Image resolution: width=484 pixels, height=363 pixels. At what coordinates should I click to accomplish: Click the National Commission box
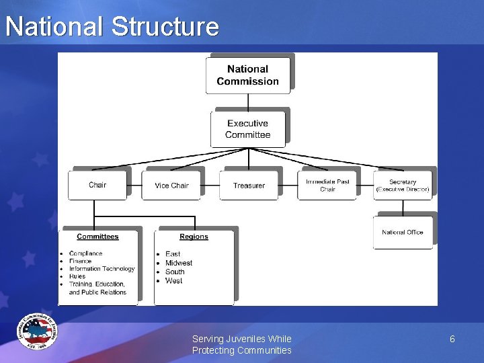pyautogui.click(x=248, y=75)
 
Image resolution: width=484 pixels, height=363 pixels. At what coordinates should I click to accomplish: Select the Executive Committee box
pyautogui.click(x=248, y=129)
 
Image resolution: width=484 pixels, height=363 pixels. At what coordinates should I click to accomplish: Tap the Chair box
pyautogui.click(x=97, y=185)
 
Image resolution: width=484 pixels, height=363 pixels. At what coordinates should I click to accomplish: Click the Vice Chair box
pyautogui.click(x=171, y=186)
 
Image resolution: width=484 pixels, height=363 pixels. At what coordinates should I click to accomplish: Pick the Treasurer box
pyautogui.click(x=249, y=186)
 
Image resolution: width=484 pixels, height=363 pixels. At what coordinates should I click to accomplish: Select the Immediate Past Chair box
pyautogui.click(x=327, y=185)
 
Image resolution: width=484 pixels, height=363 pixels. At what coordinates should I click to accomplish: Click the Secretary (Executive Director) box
pyautogui.click(x=403, y=186)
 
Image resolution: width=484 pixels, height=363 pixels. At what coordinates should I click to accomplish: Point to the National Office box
pyautogui.click(x=403, y=233)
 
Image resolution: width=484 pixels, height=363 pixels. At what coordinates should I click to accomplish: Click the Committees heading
pyautogui.click(x=97, y=237)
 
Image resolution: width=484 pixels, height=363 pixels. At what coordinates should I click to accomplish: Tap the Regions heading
pyautogui.click(x=194, y=237)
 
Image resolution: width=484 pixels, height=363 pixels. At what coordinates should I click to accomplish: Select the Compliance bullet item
pyautogui.click(x=85, y=253)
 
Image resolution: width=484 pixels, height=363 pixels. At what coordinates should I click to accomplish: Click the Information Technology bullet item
pyautogui.click(x=102, y=269)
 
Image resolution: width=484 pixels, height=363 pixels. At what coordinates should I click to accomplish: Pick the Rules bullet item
pyautogui.click(x=77, y=276)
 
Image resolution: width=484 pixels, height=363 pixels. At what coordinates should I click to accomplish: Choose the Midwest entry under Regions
pyautogui.click(x=179, y=263)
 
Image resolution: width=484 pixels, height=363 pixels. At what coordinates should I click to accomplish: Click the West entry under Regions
pyautogui.click(x=173, y=281)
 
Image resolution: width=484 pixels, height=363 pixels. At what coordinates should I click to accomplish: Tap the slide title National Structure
pyautogui.click(x=112, y=27)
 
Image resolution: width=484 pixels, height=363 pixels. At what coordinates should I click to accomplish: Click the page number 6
pyautogui.click(x=452, y=339)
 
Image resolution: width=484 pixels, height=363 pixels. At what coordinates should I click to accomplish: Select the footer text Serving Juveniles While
pyautogui.click(x=241, y=339)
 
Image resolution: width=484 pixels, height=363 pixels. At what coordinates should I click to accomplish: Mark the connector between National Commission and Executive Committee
pyautogui.click(x=248, y=102)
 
